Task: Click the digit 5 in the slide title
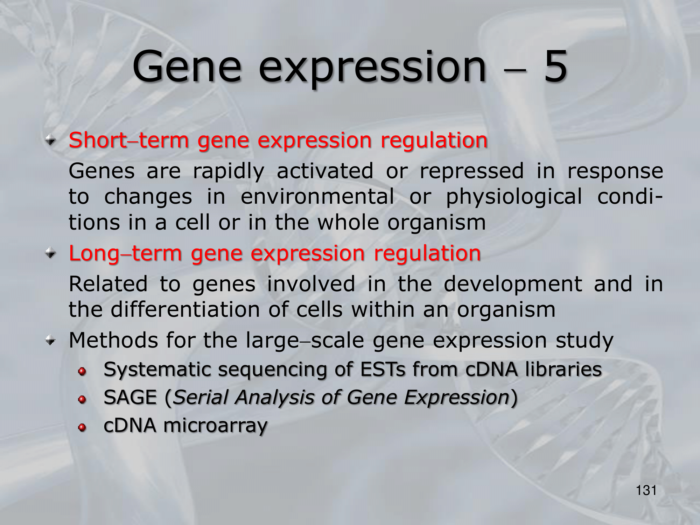[555, 66]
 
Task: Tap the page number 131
[646, 490]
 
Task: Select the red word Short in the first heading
[98, 140]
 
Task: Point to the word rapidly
[229, 172]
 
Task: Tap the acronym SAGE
[130, 398]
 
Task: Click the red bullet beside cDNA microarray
[82, 427]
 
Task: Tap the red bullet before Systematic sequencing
[82, 371]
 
